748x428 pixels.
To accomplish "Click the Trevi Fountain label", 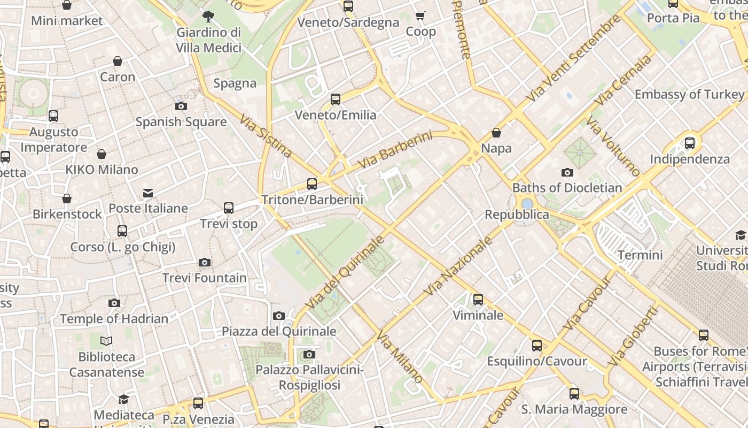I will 205,278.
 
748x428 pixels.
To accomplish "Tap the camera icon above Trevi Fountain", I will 205,262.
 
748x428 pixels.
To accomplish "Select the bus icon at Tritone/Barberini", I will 312,184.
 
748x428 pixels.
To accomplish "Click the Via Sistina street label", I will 266,136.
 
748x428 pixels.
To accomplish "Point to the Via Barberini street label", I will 395,150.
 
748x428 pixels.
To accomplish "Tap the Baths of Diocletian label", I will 567,188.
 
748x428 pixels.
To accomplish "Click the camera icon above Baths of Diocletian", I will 567,172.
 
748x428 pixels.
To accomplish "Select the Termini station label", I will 640,255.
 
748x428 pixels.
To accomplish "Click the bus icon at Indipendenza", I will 690,143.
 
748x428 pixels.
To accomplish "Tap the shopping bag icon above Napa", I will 496,133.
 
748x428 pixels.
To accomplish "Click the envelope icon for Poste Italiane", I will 148,193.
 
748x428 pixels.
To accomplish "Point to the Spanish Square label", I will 181,122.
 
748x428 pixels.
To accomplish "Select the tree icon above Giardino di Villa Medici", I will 208,17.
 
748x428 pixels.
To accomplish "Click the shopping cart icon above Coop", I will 420,16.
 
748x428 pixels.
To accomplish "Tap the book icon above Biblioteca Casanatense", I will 107,341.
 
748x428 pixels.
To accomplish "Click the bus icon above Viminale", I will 478,300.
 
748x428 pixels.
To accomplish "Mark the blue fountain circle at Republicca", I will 527,204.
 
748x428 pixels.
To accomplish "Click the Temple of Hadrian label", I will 114,319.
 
